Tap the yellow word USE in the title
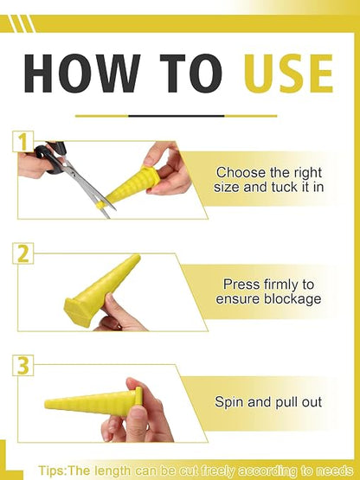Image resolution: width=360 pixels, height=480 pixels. click(x=288, y=74)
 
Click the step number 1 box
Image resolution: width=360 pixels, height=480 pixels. click(x=23, y=142)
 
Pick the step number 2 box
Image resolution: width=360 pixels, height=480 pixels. click(x=23, y=253)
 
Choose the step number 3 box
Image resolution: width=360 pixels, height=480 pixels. click(x=23, y=365)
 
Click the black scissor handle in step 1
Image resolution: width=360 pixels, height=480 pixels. click(x=50, y=157)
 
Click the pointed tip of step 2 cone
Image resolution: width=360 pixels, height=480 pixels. click(x=138, y=257)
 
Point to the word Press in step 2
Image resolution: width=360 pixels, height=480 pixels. click(x=237, y=284)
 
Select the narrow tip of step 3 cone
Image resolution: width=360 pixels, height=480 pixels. click(x=48, y=404)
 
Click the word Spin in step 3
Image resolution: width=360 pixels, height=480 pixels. click(x=229, y=402)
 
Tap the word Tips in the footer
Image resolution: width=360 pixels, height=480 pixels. click(x=51, y=470)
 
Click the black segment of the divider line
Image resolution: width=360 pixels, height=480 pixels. click(x=177, y=116)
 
